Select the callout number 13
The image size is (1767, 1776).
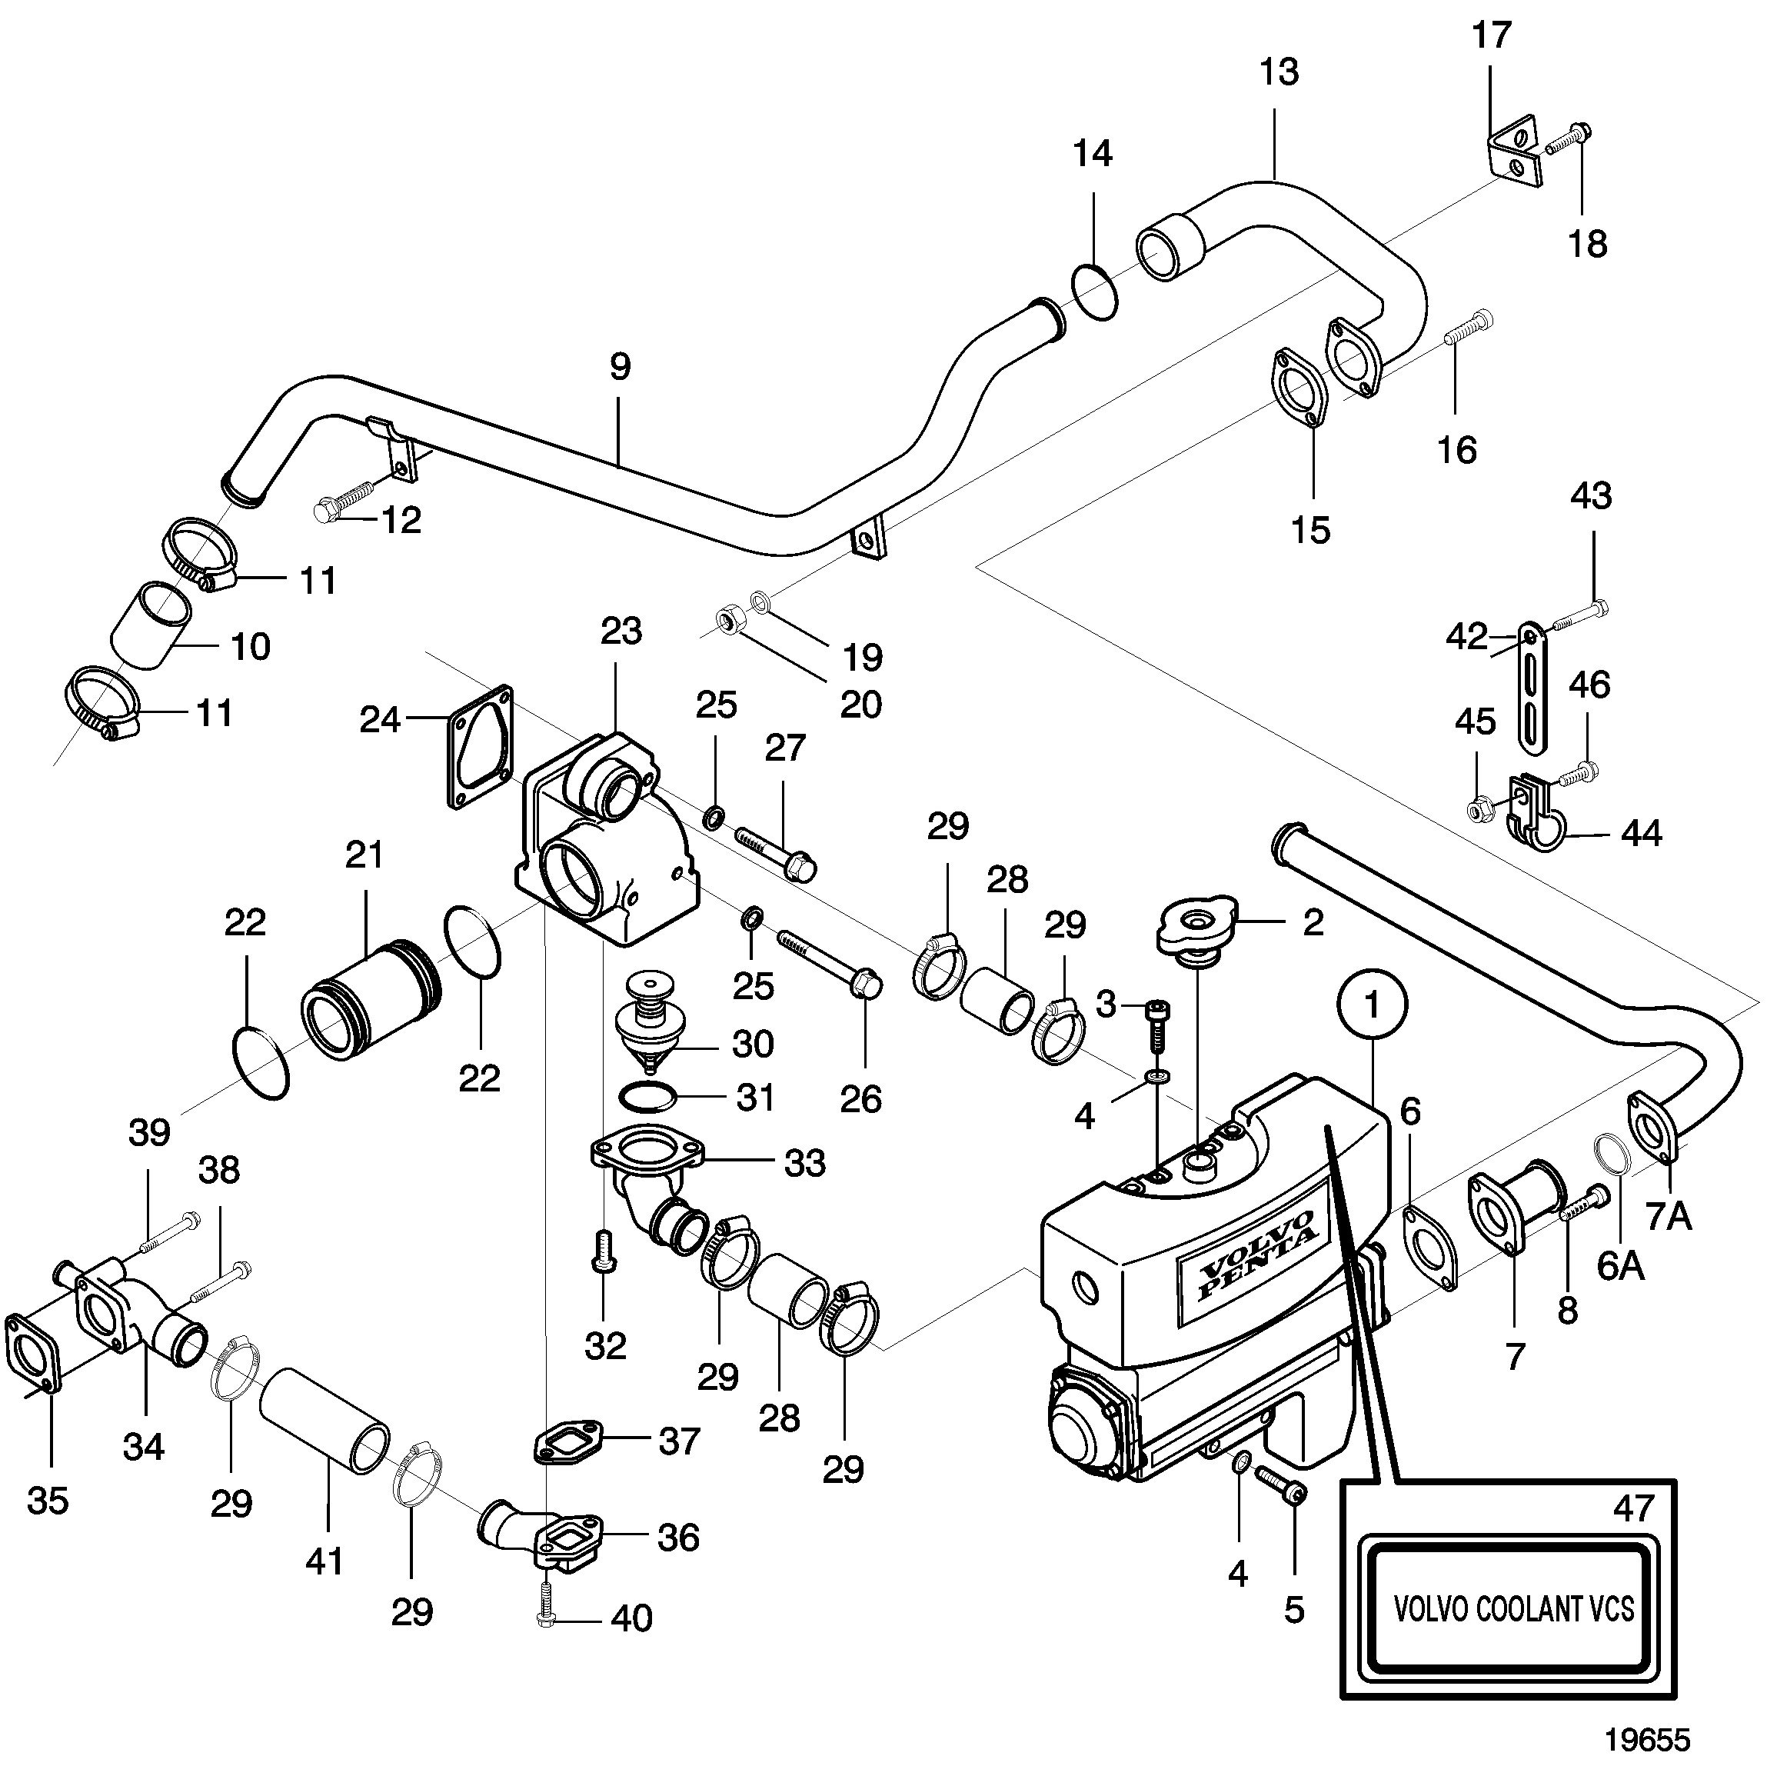1279,71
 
